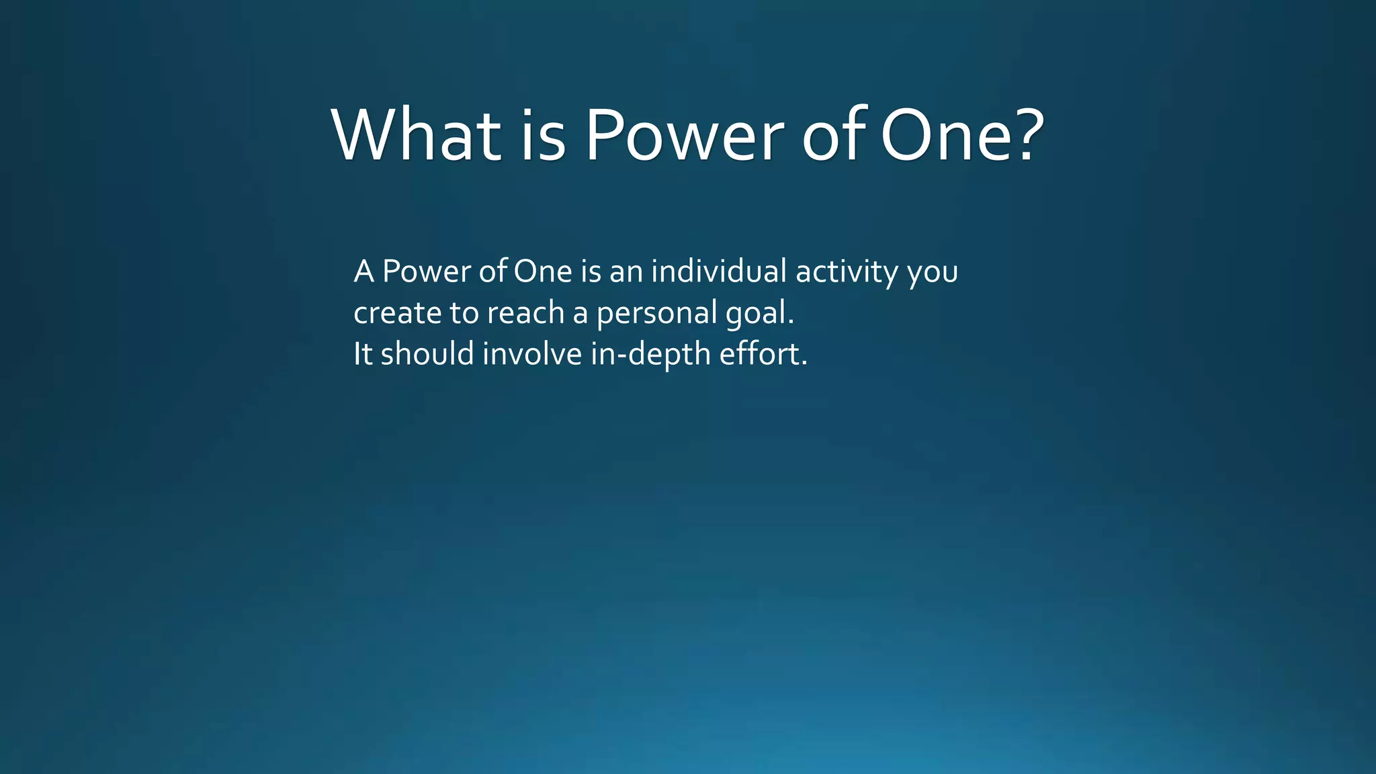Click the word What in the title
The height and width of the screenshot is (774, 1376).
click(x=416, y=136)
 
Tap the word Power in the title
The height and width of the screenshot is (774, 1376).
click(x=684, y=136)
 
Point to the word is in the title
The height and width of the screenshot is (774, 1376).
click(x=543, y=136)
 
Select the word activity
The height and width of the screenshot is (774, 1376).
click(x=847, y=271)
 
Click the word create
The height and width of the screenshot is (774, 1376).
click(x=397, y=313)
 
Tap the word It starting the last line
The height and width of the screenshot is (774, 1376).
click(x=363, y=354)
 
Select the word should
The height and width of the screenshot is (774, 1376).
click(x=427, y=354)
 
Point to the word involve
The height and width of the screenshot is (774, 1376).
click(x=532, y=354)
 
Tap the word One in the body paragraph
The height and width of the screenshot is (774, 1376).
click(x=543, y=271)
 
